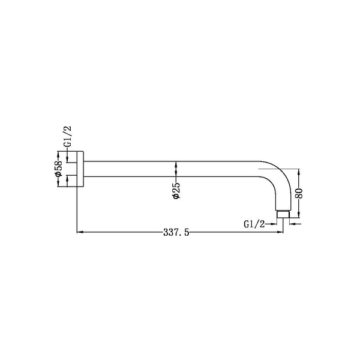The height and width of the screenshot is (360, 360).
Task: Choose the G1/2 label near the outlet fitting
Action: (254, 224)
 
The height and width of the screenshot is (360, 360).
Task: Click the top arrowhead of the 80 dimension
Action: (299, 172)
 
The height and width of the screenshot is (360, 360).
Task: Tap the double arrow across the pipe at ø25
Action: (176, 170)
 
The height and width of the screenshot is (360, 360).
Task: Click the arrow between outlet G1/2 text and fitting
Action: (273, 224)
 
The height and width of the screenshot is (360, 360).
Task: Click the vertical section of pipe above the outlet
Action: (283, 198)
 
